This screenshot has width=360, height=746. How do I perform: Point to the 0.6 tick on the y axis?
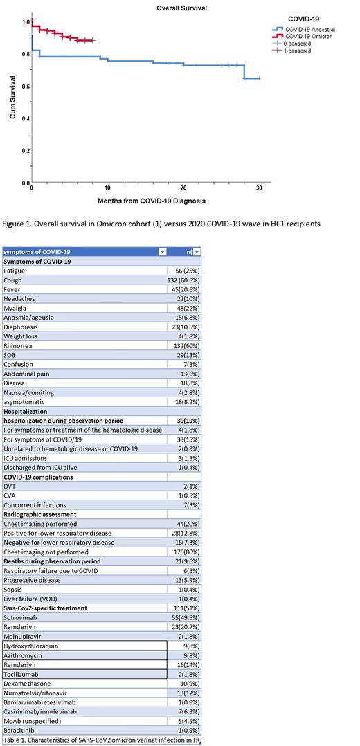pyautogui.click(x=25, y=87)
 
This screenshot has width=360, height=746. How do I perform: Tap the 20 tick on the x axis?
pyautogui.click(x=183, y=188)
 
